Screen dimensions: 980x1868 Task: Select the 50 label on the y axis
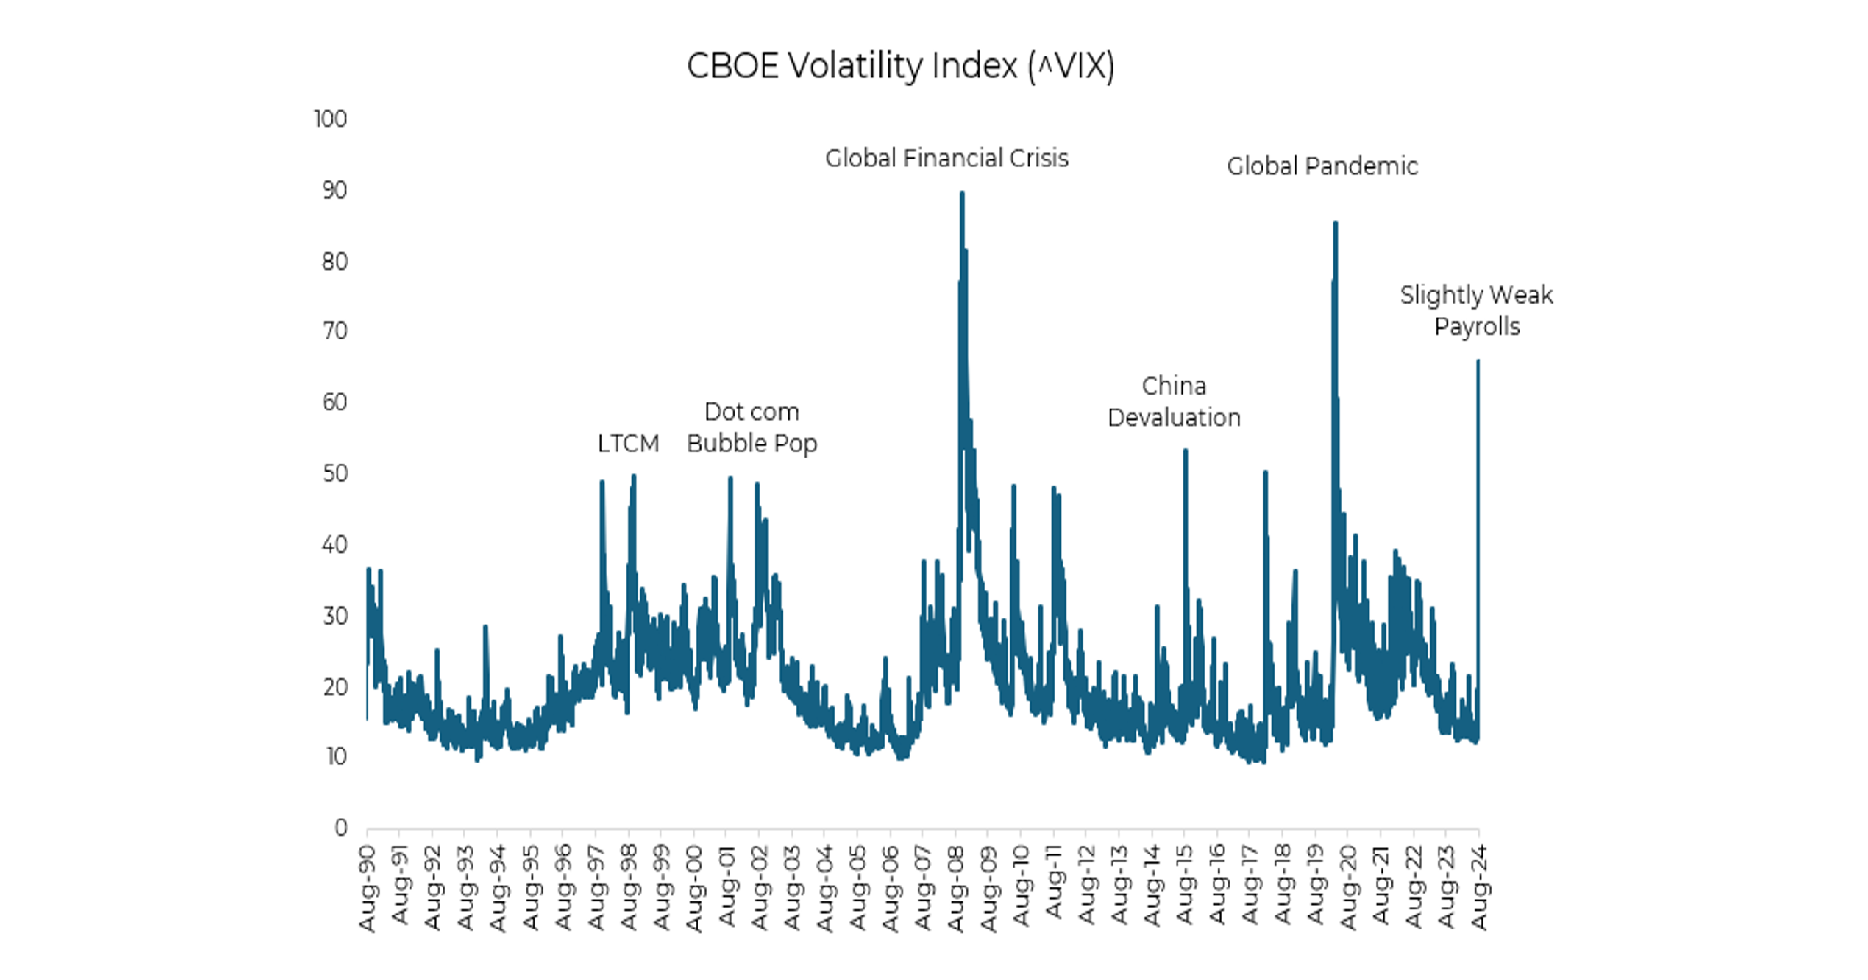coord(335,474)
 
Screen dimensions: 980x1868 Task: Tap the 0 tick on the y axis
coord(341,828)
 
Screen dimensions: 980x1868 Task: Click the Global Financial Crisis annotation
coord(946,158)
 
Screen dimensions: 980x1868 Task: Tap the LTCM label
coord(628,444)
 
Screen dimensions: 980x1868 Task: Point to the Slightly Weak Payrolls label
coord(1476,310)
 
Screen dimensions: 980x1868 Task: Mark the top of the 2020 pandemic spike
coord(1335,222)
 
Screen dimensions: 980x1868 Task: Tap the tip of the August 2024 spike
coord(1478,360)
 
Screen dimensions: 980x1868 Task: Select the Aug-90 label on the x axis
coord(368,888)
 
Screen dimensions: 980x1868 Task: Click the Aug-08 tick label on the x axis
coord(956,888)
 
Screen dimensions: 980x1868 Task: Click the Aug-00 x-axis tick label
coord(694,888)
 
